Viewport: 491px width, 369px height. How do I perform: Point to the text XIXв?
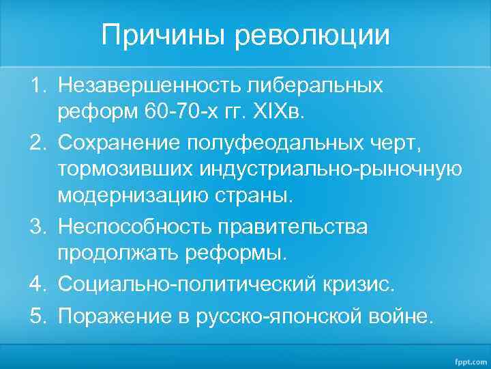[x=272, y=113]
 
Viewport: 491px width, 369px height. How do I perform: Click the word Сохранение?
[x=125, y=142]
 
